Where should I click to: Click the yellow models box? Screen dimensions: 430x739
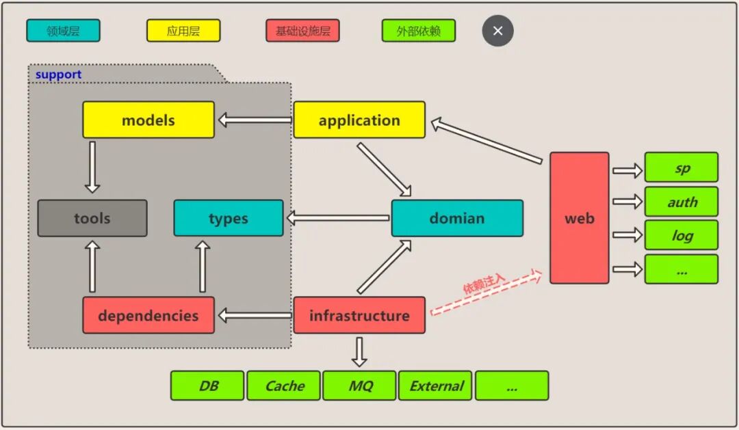148,120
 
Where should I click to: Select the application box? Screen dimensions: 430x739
359,120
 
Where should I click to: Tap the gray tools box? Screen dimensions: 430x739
92,219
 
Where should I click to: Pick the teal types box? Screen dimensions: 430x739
228,219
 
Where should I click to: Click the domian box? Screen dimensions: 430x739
457,219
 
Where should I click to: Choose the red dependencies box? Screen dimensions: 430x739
148,316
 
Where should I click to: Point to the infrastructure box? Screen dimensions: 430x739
359,316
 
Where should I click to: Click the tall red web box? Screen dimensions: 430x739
579,218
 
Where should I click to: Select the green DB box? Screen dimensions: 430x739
207,386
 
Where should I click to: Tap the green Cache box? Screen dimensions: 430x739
284,386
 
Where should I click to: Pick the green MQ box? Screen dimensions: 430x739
360,386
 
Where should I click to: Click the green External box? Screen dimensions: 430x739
436,386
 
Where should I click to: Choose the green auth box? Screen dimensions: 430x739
682,202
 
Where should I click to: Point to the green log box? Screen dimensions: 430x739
682,235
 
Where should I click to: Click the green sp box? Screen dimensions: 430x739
682,167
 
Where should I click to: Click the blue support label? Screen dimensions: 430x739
58,75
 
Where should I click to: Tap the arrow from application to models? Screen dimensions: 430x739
255,120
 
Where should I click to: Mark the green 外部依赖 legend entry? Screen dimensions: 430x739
418,31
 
